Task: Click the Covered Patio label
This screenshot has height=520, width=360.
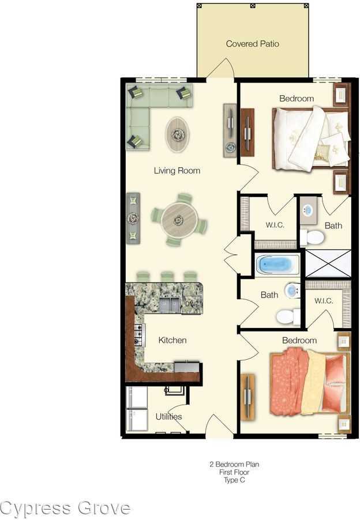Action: pos(253,44)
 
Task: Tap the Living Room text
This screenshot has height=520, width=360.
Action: pos(177,171)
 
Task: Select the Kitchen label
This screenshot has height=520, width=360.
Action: pos(172,340)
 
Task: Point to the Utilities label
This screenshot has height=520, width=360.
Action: pos(168,416)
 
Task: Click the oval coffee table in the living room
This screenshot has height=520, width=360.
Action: pos(177,135)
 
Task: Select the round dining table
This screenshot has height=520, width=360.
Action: pos(179,220)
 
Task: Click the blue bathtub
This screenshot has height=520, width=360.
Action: pos(277,265)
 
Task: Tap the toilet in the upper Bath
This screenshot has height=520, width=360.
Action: pos(312,237)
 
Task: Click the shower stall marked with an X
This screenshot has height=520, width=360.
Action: pos(328,263)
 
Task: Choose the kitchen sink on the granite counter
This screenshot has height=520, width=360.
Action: pos(170,304)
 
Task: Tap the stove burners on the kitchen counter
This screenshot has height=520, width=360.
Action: pos(138,335)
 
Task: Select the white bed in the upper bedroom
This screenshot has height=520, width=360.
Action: pos(310,139)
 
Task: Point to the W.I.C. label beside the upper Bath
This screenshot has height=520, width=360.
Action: pos(275,225)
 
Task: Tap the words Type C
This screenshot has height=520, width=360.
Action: pos(234,480)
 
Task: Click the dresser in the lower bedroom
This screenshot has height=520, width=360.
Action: pos(248,398)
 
